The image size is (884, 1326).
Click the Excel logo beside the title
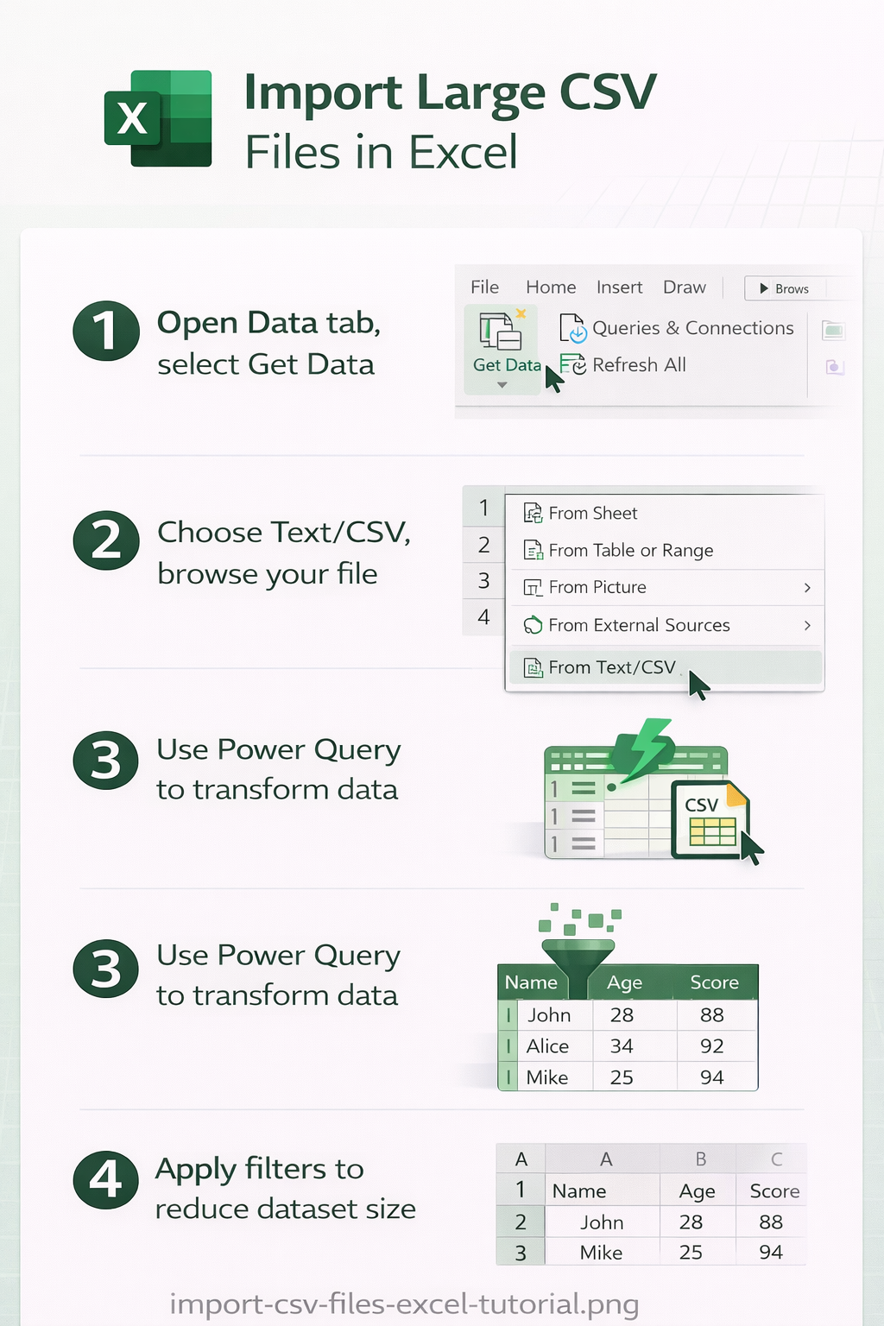point(158,118)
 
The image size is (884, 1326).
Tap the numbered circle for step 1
point(106,331)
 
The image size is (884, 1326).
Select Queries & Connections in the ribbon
point(677,328)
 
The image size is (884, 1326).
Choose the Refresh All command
point(623,364)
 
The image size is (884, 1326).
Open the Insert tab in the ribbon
point(619,287)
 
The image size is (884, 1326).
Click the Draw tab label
point(685,287)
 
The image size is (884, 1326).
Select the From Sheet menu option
point(581,513)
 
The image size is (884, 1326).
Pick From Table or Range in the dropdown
point(619,550)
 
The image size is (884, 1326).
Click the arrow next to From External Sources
point(807,625)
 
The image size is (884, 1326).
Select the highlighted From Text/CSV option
point(666,667)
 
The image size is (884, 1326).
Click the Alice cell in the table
point(547,1046)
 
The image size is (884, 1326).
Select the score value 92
point(711,1046)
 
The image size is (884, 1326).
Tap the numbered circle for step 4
point(106,1180)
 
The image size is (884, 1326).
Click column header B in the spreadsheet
point(700,1159)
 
